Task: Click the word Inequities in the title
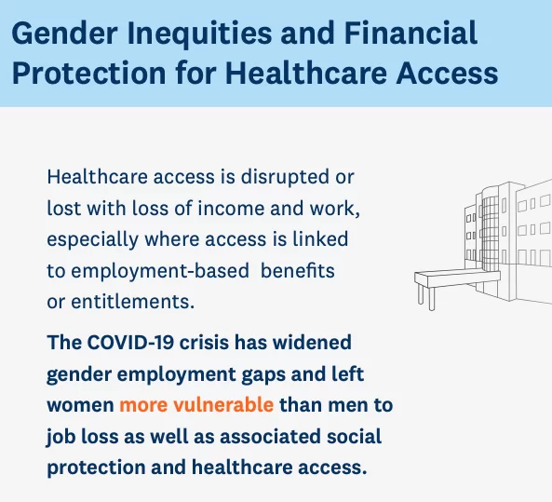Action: pyautogui.click(x=199, y=33)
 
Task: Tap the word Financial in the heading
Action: pyautogui.click(x=411, y=33)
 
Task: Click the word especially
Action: pyautogui.click(x=92, y=240)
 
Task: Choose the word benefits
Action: pyautogui.click(x=298, y=270)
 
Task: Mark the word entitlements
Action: pyautogui.click(x=133, y=302)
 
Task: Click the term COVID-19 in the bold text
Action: pyautogui.click(x=130, y=342)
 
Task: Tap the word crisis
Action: pyautogui.click(x=204, y=342)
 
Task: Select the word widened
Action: pyautogui.click(x=312, y=342)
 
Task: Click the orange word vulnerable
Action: pyautogui.click(x=223, y=404)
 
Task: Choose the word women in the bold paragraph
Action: pyautogui.click(x=80, y=405)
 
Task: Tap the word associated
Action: pyautogui.click(x=270, y=436)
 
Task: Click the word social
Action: pyautogui.click(x=354, y=436)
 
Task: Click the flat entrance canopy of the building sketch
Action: pyautogui.click(x=457, y=277)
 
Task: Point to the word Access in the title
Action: pyautogui.click(x=447, y=73)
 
